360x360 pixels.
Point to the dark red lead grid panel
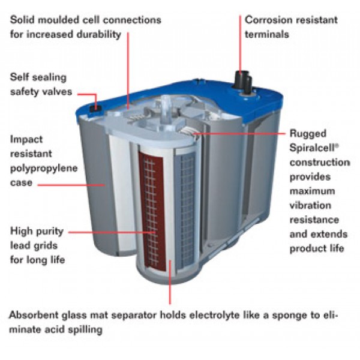152,211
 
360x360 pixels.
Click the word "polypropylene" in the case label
44,169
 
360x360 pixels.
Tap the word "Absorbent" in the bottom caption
34,315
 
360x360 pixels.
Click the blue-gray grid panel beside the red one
185,211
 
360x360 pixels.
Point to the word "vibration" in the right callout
310,205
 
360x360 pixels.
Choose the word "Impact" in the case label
26,140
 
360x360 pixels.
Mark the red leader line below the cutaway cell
170,282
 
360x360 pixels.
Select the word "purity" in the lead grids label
50,232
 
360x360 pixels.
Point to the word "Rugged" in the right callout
308,134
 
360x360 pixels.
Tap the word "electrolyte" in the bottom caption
214,316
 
